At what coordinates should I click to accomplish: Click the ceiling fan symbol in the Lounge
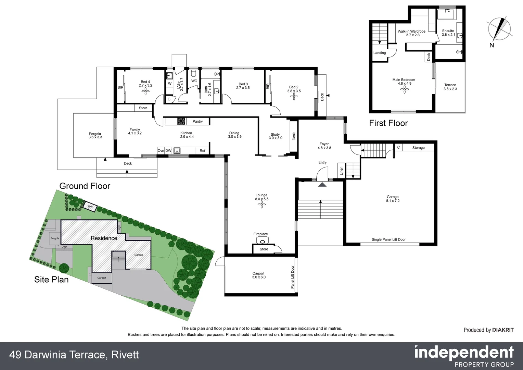(x=262, y=205)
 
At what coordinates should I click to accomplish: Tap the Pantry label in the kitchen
(x=197, y=122)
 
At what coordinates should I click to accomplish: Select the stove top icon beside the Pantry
(x=181, y=121)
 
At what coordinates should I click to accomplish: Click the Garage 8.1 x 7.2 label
(x=393, y=199)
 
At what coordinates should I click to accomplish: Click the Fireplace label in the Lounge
(x=260, y=234)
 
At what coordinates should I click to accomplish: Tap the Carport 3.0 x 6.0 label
(x=259, y=275)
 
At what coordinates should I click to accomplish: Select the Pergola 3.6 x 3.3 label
(x=95, y=135)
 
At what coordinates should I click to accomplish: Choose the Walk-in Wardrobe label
(x=411, y=33)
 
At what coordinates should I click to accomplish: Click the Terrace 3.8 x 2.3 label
(x=450, y=87)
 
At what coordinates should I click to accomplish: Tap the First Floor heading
(x=388, y=123)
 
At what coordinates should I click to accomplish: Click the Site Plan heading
(x=51, y=280)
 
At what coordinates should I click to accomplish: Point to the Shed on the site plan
(x=90, y=207)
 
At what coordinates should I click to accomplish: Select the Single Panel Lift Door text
(x=388, y=239)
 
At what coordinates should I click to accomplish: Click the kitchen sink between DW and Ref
(x=177, y=150)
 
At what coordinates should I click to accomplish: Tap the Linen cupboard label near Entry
(x=341, y=171)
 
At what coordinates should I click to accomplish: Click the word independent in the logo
(x=464, y=353)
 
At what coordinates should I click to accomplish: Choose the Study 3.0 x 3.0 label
(x=275, y=136)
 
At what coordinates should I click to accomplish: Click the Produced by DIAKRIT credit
(x=488, y=330)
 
